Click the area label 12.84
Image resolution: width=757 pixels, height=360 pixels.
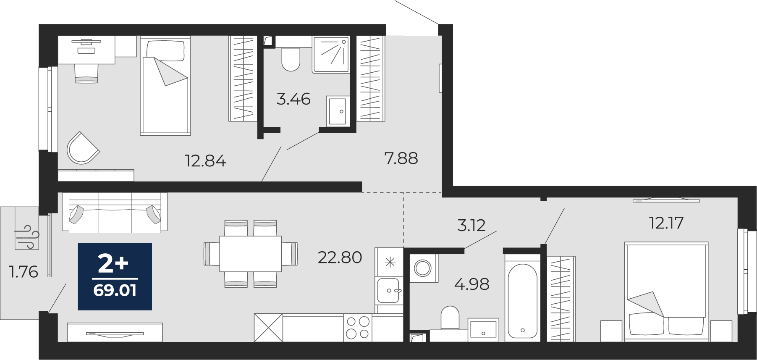click(x=206, y=161)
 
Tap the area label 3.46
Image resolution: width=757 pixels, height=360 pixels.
click(x=293, y=99)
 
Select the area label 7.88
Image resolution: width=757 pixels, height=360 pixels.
click(x=401, y=158)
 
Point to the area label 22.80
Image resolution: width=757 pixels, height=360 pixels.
click(x=340, y=258)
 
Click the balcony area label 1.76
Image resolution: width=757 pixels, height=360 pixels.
click(x=24, y=272)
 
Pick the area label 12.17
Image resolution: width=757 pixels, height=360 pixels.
click(x=666, y=223)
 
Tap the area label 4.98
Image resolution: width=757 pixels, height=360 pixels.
click(x=472, y=284)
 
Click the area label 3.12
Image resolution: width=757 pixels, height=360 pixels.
click(x=471, y=226)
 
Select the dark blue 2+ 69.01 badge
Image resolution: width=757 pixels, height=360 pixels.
click(x=115, y=276)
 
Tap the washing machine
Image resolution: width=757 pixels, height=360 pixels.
click(x=423, y=268)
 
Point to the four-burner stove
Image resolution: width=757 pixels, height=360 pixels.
click(x=358, y=328)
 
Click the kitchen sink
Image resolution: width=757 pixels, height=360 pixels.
click(x=389, y=291)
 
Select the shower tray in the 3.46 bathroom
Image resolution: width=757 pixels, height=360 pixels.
click(x=331, y=54)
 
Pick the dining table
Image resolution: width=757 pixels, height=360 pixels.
click(x=251, y=254)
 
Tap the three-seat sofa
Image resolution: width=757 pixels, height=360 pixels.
click(x=115, y=213)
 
